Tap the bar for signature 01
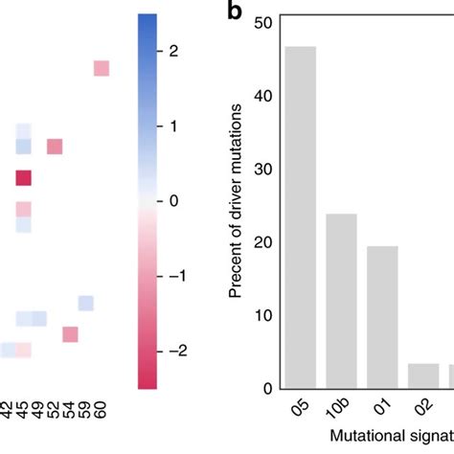tap(381, 317)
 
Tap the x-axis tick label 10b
tap(339, 415)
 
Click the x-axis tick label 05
tap(299, 412)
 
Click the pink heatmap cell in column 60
tap(102, 68)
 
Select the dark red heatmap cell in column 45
tap(24, 177)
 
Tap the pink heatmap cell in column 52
tap(55, 147)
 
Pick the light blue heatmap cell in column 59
tap(86, 303)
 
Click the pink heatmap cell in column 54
tap(70, 334)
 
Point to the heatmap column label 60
tap(102, 414)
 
